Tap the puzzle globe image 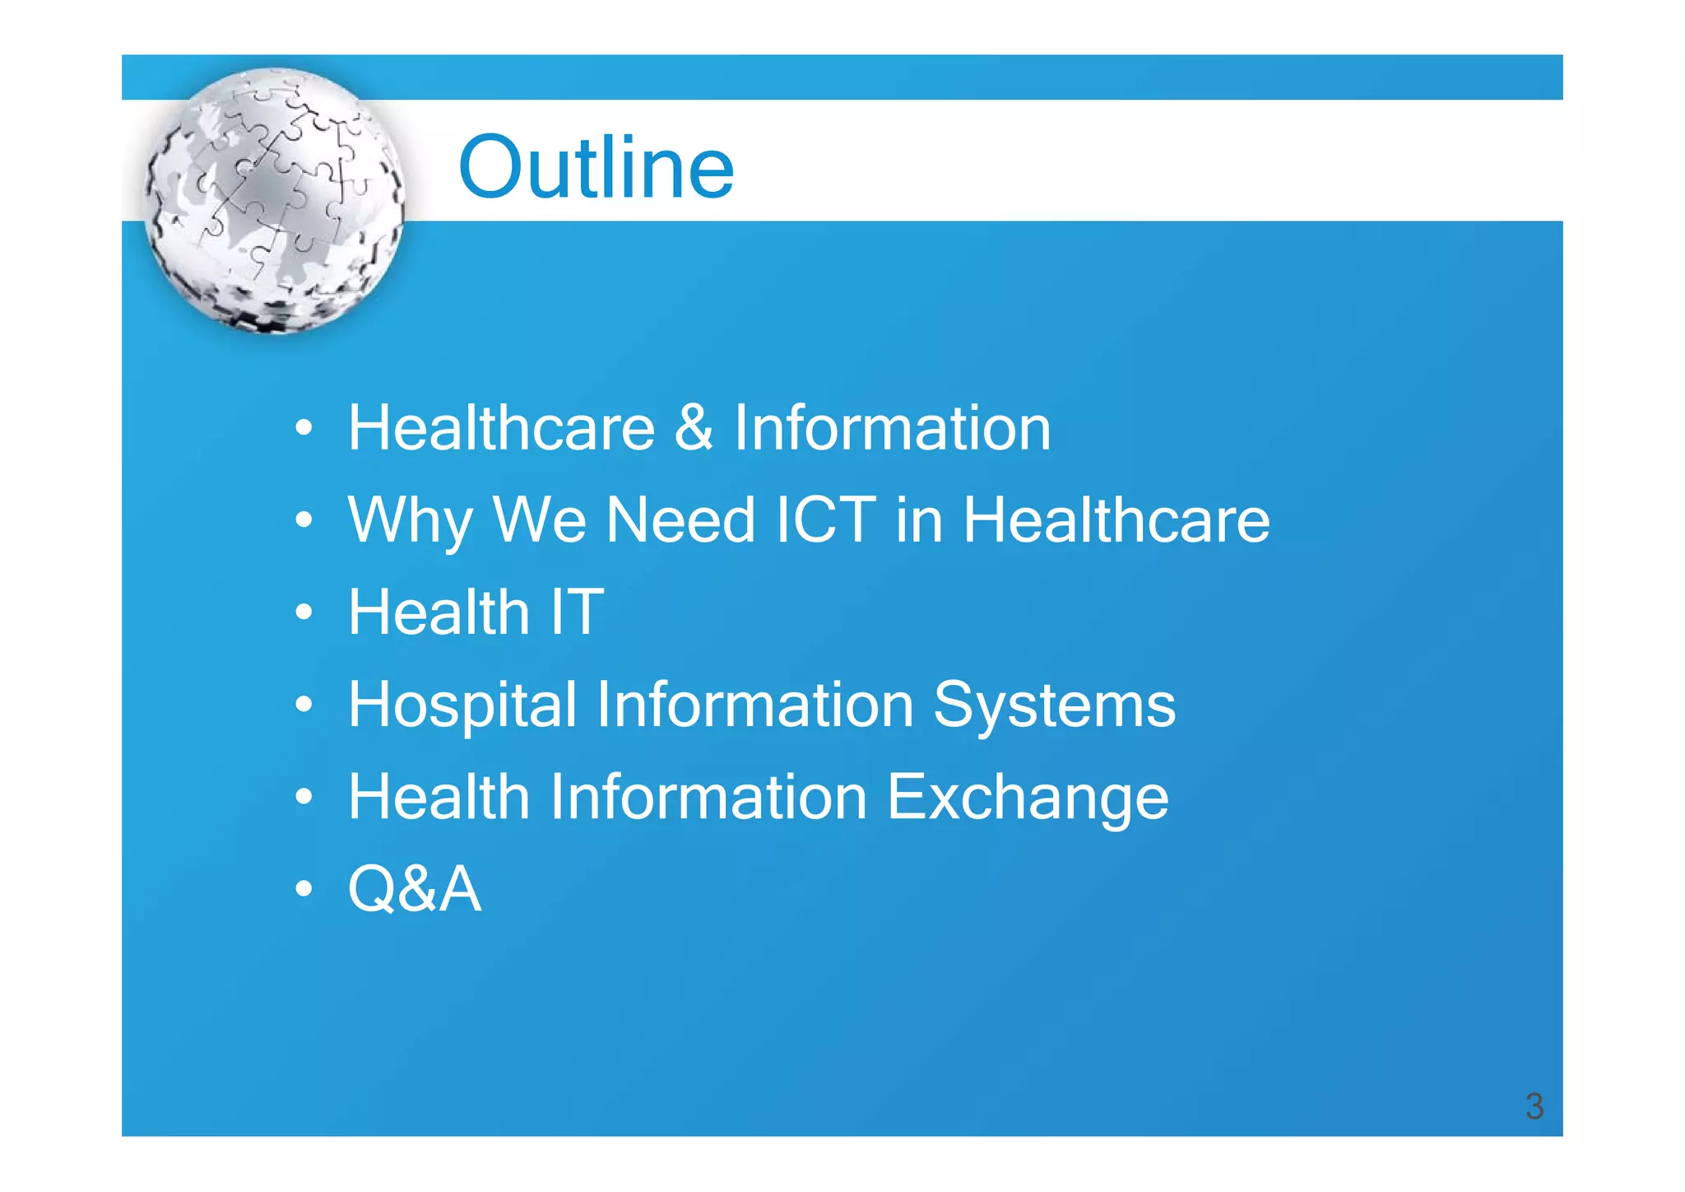(x=275, y=201)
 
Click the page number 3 (x=1534, y=1106)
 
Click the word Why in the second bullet (x=410, y=521)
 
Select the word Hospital (x=462, y=705)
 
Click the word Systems (x=1054, y=705)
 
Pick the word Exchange (x=1027, y=798)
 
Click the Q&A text (x=414, y=889)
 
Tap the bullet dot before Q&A (x=304, y=889)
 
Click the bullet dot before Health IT (x=304, y=612)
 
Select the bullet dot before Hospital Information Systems (x=304, y=705)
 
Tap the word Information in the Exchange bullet (x=708, y=797)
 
